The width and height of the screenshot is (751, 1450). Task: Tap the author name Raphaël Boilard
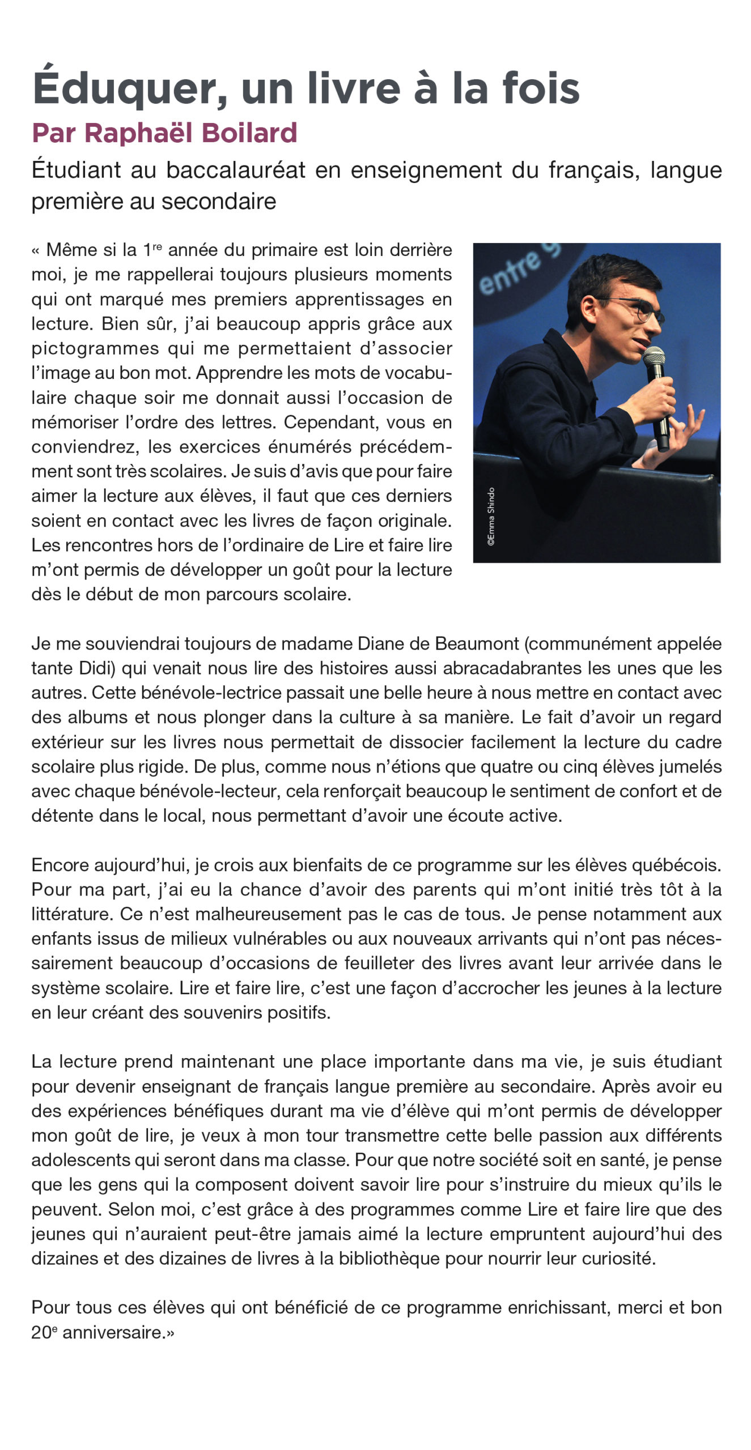191,133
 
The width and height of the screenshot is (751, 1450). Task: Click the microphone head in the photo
654,356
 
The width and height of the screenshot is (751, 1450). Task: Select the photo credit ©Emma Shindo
491,516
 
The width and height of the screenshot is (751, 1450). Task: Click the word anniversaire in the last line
112,1333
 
